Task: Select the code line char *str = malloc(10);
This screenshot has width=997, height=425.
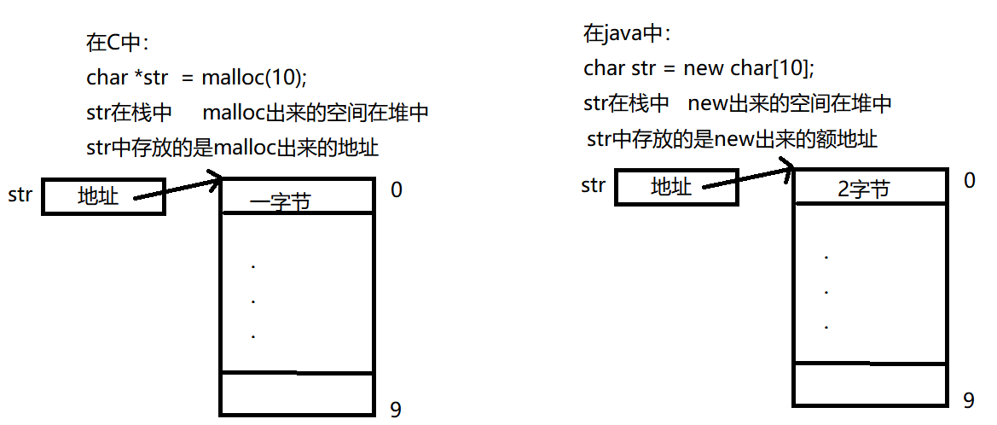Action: pos(196,78)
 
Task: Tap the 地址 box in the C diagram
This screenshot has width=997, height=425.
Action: pos(102,196)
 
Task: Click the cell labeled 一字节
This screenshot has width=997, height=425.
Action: pos(297,196)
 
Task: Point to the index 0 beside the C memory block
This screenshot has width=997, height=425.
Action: pos(396,189)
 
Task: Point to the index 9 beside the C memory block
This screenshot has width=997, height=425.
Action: pos(396,410)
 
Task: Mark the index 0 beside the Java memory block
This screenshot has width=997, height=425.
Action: pos(969,180)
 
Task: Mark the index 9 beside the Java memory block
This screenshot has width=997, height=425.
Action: pos(969,400)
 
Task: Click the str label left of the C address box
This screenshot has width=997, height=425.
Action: pos(20,195)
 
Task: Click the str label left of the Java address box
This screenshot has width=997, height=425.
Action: pos(593,185)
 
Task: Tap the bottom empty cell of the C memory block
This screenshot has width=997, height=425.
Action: pos(297,393)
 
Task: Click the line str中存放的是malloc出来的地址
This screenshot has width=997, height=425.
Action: pos(233,148)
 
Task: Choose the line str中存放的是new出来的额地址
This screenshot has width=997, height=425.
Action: pos(732,139)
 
